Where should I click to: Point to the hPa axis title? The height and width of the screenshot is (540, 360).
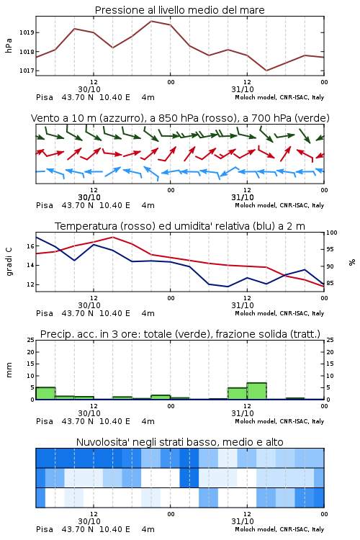pyautogui.click(x=9, y=46)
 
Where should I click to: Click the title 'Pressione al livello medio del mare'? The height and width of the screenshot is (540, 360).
pyautogui.click(x=180, y=10)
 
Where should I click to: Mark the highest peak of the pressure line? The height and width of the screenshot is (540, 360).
pyautogui.click(x=151, y=21)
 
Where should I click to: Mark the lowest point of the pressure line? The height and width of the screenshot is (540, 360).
pyautogui.click(x=266, y=71)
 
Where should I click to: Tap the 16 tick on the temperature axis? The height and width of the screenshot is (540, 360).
pyautogui.click(x=30, y=246)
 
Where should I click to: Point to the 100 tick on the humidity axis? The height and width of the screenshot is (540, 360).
pyautogui.click(x=331, y=233)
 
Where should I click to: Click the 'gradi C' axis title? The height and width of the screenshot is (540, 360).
pyautogui.click(x=9, y=261)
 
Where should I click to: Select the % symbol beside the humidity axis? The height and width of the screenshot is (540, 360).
pyautogui.click(x=352, y=262)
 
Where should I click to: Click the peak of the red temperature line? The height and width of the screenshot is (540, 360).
pyautogui.click(x=112, y=237)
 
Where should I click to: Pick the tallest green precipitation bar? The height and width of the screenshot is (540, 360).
pyautogui.click(x=256, y=391)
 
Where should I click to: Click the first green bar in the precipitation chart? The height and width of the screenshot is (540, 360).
pyautogui.click(x=45, y=393)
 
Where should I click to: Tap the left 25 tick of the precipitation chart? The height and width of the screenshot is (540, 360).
pyautogui.click(x=30, y=340)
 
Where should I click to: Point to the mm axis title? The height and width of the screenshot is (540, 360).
pyautogui.click(x=9, y=370)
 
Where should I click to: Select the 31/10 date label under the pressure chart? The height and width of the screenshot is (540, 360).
pyautogui.click(x=243, y=89)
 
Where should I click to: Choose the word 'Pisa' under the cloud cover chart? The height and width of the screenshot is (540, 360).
pyautogui.click(x=45, y=529)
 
